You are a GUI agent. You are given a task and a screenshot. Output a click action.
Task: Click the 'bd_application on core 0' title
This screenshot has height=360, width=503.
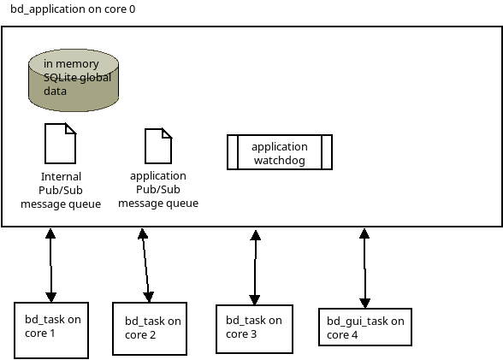[x=73, y=9]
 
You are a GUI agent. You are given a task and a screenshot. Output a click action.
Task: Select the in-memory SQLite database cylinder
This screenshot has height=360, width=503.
[x=74, y=80]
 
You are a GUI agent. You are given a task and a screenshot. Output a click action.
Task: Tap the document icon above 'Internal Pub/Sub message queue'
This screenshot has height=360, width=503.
[x=60, y=144]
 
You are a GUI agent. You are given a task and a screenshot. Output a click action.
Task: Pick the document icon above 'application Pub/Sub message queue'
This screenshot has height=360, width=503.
[x=158, y=146]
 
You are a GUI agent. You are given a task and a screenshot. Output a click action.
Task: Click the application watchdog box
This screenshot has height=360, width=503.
[x=280, y=152]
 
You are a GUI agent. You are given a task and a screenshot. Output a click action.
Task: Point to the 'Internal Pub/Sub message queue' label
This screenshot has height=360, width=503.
[x=61, y=190]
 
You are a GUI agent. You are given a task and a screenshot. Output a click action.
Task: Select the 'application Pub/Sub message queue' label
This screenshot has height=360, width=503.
[x=158, y=189]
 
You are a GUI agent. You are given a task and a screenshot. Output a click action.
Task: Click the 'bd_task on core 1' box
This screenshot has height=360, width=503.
[x=51, y=330]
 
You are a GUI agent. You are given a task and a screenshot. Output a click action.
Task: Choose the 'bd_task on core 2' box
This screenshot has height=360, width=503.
[x=150, y=328]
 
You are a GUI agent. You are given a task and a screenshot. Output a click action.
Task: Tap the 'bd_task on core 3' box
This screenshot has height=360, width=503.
[x=254, y=329]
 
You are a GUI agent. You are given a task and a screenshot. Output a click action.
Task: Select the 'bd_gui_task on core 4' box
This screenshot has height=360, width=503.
[x=365, y=327]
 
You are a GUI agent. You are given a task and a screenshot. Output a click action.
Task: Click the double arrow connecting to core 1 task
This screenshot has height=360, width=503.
[x=50, y=265]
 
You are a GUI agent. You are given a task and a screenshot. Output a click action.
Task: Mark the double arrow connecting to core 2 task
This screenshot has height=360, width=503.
[x=145, y=265]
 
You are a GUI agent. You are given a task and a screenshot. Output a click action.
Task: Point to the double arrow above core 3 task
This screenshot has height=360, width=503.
[x=255, y=268]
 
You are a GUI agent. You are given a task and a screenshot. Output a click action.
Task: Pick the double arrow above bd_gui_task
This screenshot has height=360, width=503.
[x=364, y=269]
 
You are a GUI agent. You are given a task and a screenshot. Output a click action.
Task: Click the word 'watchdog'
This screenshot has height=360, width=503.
[x=280, y=160]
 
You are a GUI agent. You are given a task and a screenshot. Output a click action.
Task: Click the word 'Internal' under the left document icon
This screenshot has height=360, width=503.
[x=61, y=177]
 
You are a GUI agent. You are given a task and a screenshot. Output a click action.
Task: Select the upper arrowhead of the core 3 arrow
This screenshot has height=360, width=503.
[x=255, y=235]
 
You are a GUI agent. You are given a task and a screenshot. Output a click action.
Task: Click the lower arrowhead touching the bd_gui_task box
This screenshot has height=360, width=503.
[x=365, y=304]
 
